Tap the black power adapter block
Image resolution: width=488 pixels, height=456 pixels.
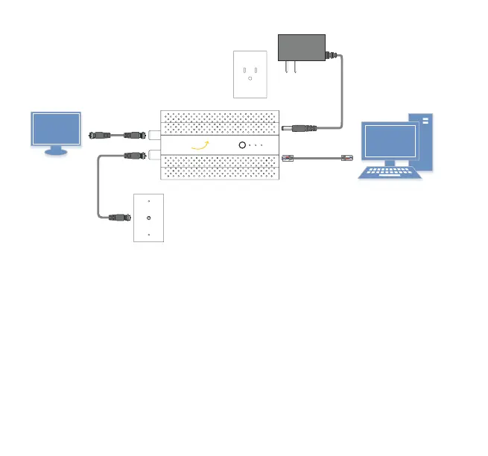(302, 47)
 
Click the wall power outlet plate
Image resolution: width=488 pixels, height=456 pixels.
(250, 74)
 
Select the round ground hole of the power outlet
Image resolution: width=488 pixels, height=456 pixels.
(250, 78)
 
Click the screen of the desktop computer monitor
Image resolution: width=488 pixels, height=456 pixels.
(390, 142)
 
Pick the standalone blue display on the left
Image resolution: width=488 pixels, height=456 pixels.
(55, 130)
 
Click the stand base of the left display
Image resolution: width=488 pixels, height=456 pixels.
(55, 153)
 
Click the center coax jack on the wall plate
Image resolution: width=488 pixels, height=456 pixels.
(148, 217)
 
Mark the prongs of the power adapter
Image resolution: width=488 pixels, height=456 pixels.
(289, 68)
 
